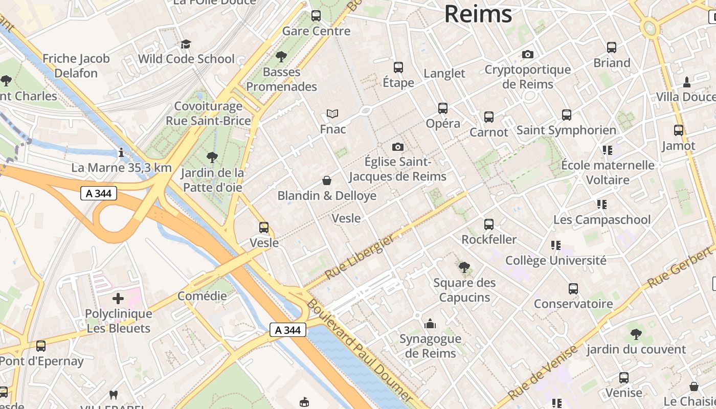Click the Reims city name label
(x=478, y=14)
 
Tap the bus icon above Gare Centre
(x=316, y=16)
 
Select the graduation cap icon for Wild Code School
(x=186, y=44)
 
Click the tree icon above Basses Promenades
(x=281, y=57)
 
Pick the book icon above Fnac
(x=332, y=114)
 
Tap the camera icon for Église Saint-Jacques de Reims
(x=397, y=147)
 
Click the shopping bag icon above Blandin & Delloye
(x=327, y=180)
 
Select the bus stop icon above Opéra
(x=443, y=108)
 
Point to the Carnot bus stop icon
(x=489, y=117)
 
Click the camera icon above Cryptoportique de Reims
(x=527, y=54)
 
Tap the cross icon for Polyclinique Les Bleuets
(x=118, y=299)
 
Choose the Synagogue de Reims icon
(x=430, y=324)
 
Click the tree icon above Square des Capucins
(x=464, y=267)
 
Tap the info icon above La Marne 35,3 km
(x=121, y=152)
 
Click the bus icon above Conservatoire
(x=573, y=289)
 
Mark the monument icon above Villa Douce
(x=687, y=82)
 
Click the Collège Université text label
(x=555, y=260)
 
